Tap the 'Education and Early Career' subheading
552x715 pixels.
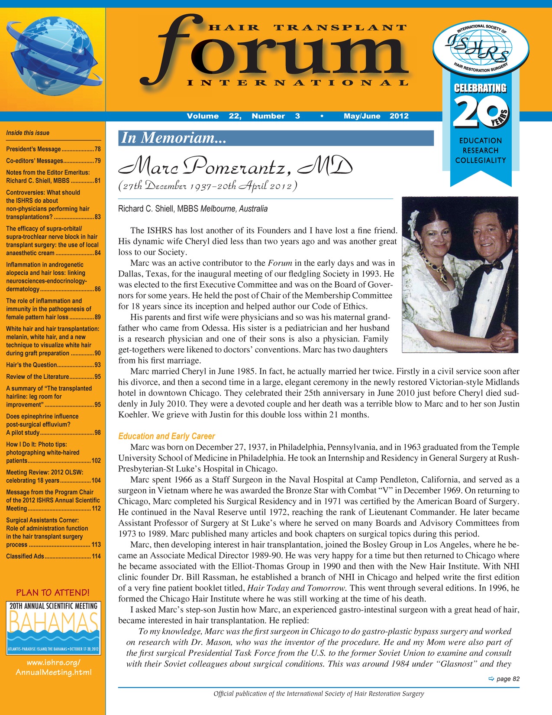coord(167,436)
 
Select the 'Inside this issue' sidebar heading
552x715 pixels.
coord(28,133)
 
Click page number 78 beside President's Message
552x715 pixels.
coord(97,149)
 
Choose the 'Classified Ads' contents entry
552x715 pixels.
coord(25,556)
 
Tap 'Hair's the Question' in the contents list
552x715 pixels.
coord(32,365)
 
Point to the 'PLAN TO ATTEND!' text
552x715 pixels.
coord(53,592)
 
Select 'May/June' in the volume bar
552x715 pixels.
coord(362,116)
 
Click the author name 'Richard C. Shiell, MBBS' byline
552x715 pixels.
coord(158,209)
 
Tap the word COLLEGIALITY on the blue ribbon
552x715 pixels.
coord(480,160)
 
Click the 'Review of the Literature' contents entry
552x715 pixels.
coord(38,377)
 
